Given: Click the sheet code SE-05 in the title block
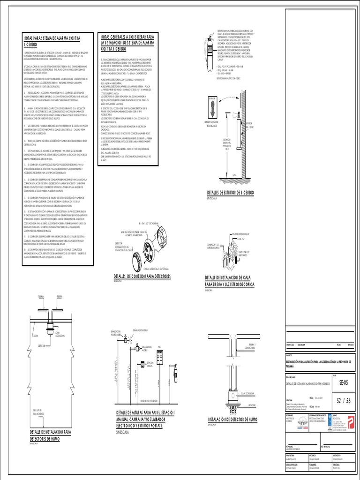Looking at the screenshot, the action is coord(344,382).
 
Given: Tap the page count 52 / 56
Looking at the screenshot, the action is coord(343,399).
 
